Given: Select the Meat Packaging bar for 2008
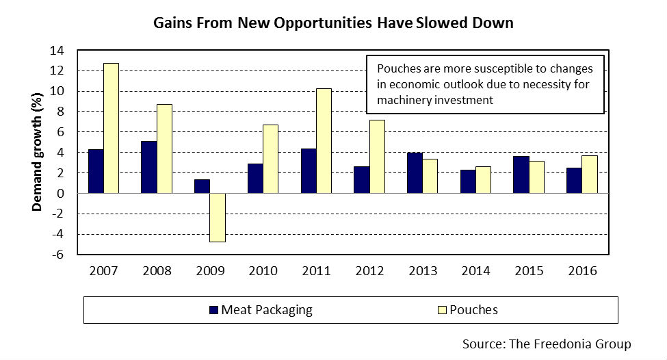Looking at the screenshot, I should click(x=148, y=167).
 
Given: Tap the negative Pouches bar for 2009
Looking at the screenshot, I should click(x=218, y=218).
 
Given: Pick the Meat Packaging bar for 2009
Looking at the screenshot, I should click(x=202, y=186).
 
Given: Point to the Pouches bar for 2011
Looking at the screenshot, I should click(x=324, y=141).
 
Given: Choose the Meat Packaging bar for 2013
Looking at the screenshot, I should click(x=415, y=173).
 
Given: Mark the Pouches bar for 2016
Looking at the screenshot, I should click(x=589, y=175).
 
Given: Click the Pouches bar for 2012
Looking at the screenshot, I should click(x=377, y=157).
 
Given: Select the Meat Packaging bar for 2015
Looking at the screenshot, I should click(x=521, y=175).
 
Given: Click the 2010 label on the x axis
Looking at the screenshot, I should click(x=263, y=270).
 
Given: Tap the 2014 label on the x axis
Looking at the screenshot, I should click(x=475, y=270).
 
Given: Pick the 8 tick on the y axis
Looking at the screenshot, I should click(x=62, y=112).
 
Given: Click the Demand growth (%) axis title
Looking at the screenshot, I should click(x=40, y=152).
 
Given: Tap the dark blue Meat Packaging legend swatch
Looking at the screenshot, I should click(x=213, y=310).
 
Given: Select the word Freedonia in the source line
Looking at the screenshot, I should click(x=558, y=344).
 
